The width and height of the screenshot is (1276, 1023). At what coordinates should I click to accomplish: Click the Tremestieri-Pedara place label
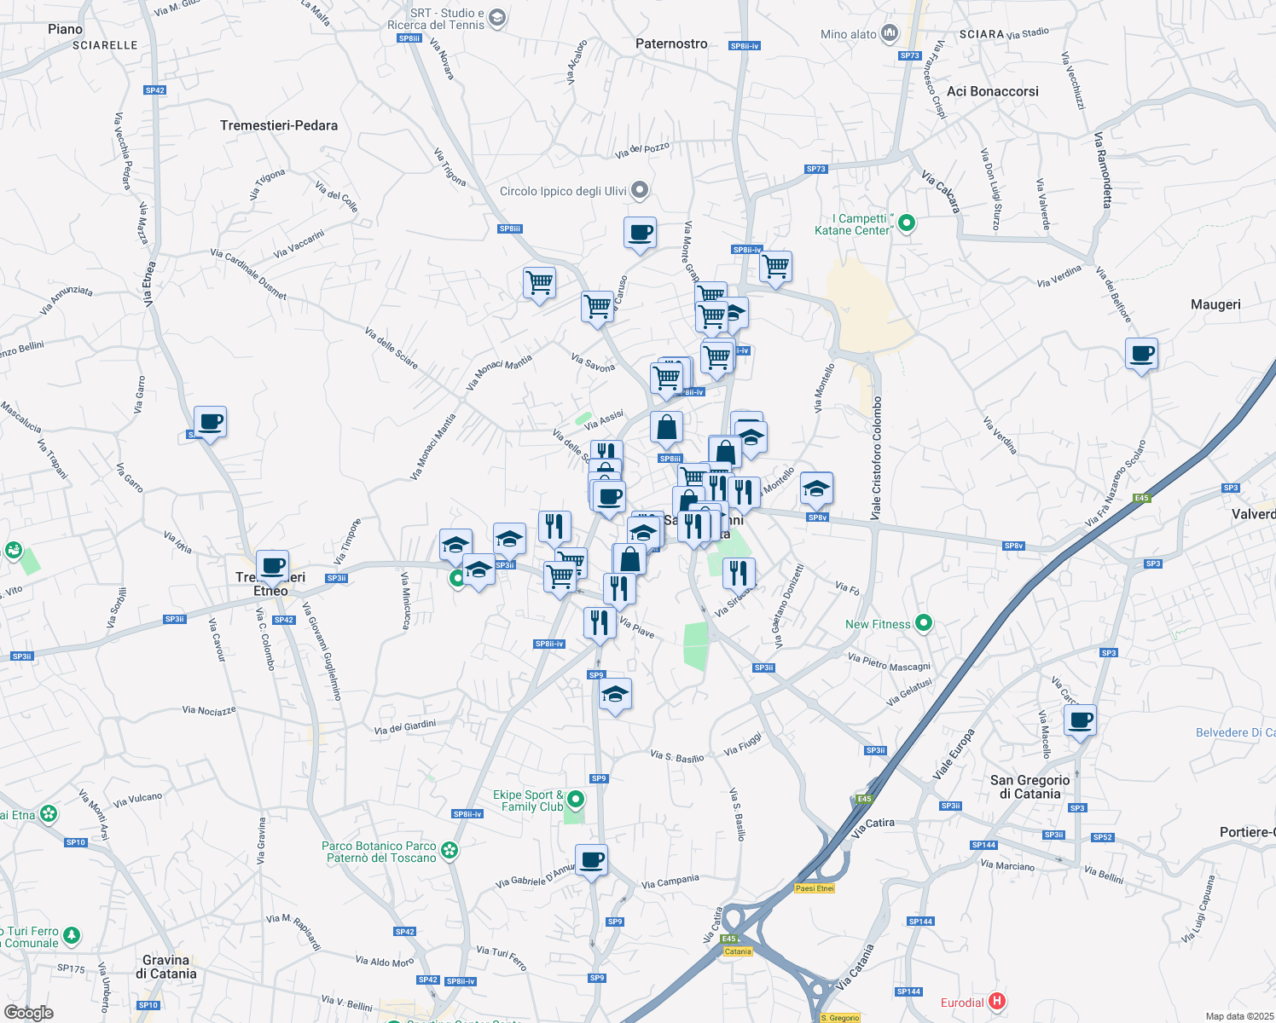point(279,125)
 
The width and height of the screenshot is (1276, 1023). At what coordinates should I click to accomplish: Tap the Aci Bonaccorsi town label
point(993,91)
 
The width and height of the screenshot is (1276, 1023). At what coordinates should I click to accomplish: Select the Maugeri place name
point(1215,304)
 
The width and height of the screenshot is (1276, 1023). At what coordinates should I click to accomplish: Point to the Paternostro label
point(671,43)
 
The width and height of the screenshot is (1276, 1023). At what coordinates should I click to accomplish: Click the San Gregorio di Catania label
point(1030,787)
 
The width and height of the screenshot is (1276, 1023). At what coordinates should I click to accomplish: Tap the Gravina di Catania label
point(166,967)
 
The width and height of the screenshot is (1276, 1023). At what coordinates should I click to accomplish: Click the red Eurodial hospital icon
point(996,1002)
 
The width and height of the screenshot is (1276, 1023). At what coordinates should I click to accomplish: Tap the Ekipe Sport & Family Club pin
point(576,800)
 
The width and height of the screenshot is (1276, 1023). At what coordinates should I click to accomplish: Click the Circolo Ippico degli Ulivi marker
point(641,190)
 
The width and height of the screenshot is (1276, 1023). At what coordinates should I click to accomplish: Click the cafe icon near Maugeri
point(1141,353)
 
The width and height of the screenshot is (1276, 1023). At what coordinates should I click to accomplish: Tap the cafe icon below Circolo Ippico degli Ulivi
point(640,233)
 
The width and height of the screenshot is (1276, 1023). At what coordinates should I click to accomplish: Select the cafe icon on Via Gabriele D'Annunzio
point(591,859)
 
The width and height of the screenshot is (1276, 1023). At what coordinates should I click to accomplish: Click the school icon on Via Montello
point(816,488)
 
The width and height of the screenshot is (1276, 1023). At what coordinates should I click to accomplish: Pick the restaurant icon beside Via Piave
point(600,622)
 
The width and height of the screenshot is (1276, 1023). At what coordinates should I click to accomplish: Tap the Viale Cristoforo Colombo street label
point(876,458)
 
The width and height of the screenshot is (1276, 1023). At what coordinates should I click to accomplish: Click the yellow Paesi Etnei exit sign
point(815,888)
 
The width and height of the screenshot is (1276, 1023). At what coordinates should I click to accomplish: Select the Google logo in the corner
point(29,1012)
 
